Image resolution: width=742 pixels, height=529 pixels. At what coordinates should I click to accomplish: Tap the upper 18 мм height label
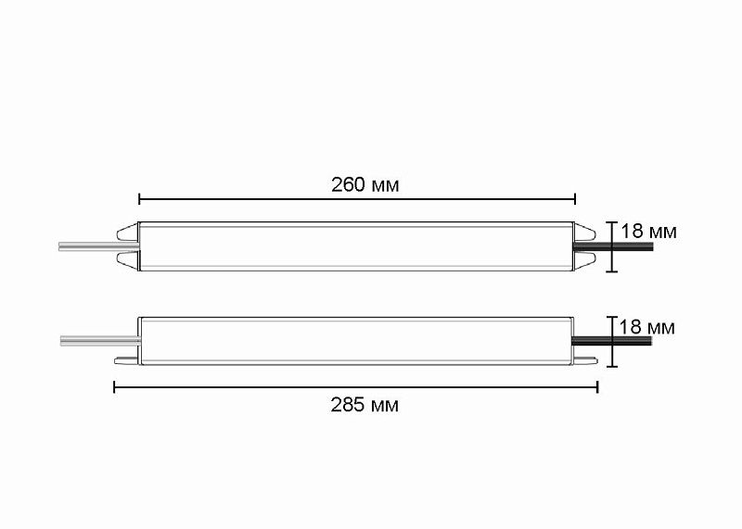(648, 232)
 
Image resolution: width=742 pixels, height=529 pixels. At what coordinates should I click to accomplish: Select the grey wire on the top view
(88, 246)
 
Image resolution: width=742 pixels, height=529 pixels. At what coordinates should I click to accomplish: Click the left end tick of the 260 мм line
(139, 198)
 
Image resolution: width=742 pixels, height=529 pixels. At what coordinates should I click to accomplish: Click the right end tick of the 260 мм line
(575, 198)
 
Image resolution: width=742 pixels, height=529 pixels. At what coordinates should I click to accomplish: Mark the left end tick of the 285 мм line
(114, 386)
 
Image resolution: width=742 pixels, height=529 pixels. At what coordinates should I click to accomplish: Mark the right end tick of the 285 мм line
(597, 386)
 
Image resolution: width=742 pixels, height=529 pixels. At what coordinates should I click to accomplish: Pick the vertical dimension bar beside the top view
(611, 246)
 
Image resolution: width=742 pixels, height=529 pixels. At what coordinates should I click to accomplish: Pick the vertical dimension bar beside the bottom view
(611, 342)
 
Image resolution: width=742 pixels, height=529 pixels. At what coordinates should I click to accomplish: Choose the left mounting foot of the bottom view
(126, 360)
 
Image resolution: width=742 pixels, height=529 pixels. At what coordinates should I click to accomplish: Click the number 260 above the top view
(347, 183)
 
